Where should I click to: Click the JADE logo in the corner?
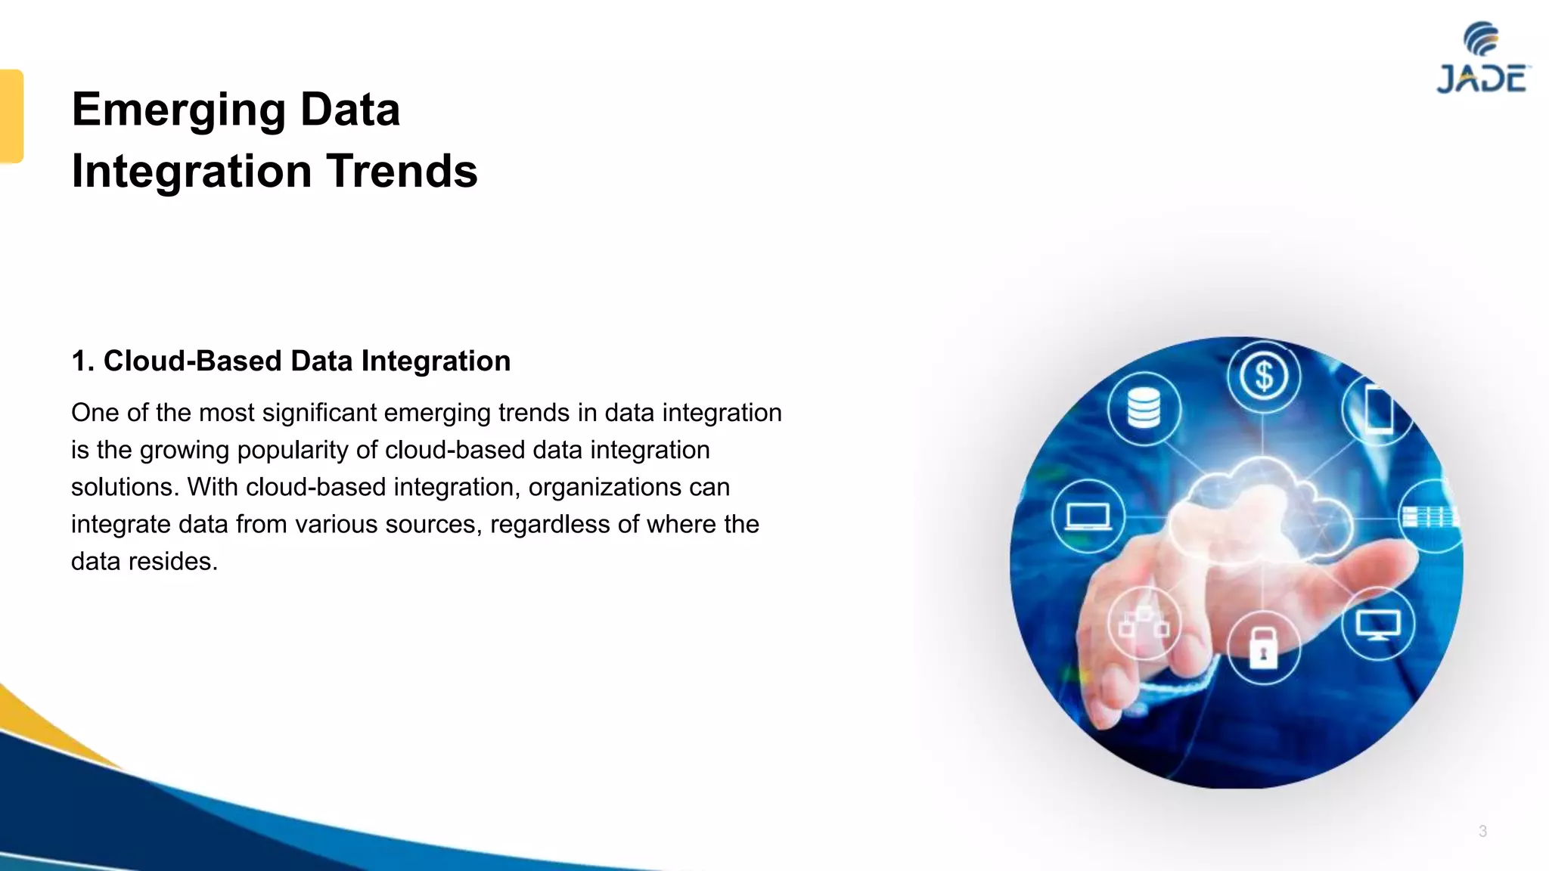(1482, 59)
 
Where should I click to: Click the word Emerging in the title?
(178, 110)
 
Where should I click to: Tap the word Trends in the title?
(402, 171)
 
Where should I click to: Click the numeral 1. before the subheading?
(82, 361)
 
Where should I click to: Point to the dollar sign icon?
(1263, 376)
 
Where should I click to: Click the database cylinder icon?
(1143, 408)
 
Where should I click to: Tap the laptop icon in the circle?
(1088, 517)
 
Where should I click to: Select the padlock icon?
(1262, 647)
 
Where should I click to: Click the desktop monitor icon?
(1377, 625)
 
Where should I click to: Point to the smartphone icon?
(1378, 409)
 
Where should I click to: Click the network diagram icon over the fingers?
(1144, 624)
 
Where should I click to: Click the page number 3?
(1482, 831)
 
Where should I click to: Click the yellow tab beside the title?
(11, 116)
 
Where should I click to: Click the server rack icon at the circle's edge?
(1428, 517)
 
